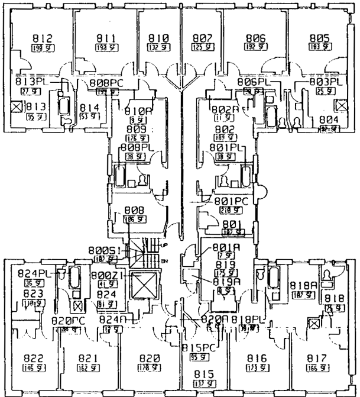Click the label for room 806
255,38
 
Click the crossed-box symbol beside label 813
18,108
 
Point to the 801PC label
232,201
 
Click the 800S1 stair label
104,251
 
